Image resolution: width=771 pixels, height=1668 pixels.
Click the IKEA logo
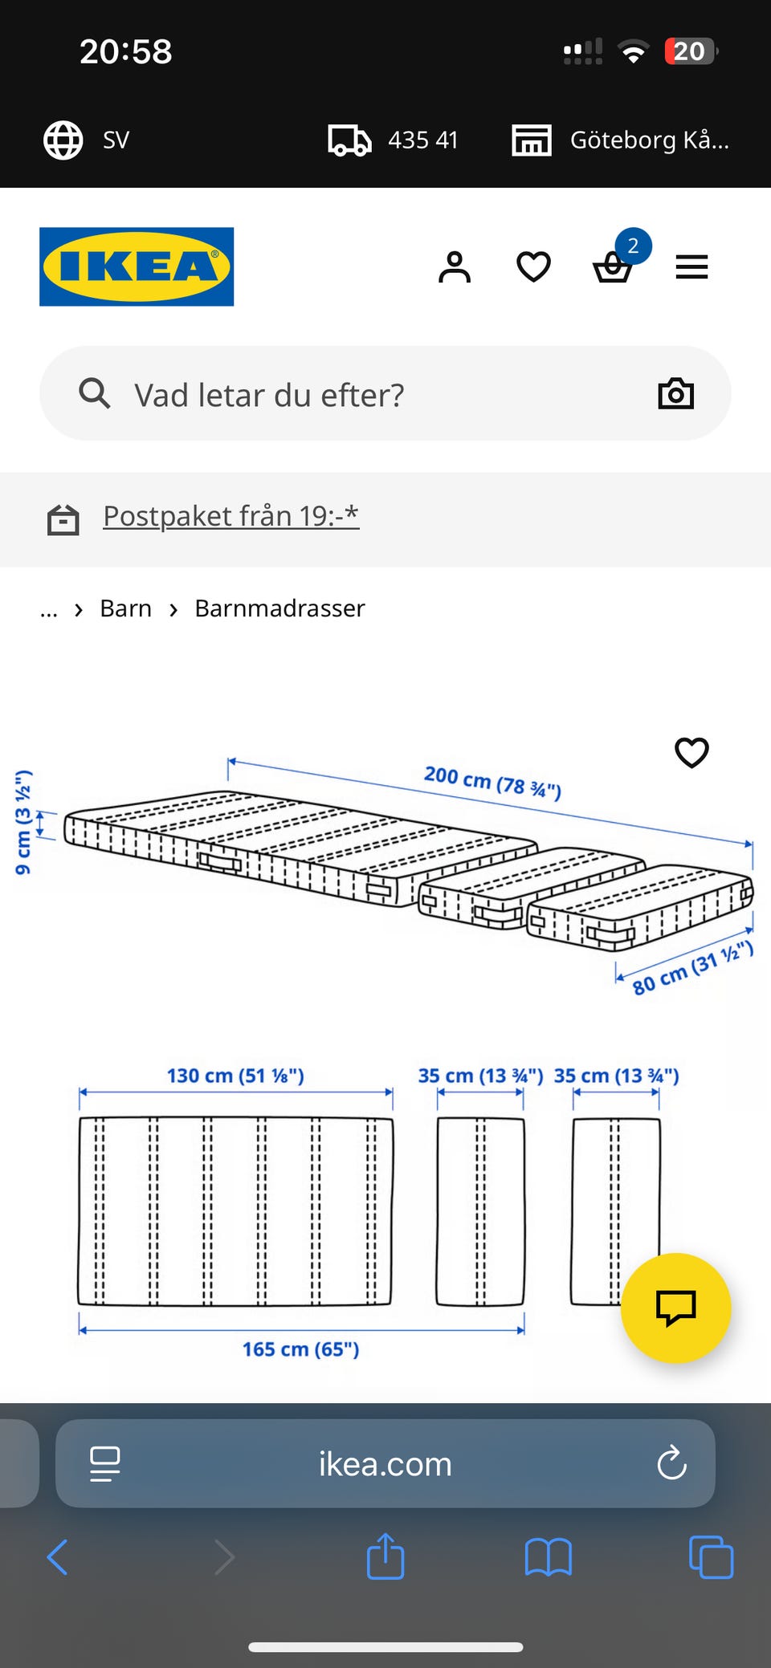(137, 266)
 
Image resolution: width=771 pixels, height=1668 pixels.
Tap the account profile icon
(455, 266)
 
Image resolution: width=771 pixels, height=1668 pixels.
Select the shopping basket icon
(613, 267)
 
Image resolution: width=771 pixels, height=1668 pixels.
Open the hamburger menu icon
(691, 267)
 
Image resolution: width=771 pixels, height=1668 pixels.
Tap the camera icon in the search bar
(675, 393)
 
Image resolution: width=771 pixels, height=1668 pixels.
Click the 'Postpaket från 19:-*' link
(230, 516)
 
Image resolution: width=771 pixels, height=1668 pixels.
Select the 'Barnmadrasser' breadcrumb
(279, 608)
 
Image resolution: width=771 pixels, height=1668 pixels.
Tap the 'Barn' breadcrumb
(125, 608)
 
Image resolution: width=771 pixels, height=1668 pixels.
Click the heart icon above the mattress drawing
(691, 752)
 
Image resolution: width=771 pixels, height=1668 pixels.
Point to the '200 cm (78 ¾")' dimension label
(492, 782)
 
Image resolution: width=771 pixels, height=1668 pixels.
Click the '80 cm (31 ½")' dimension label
(692, 967)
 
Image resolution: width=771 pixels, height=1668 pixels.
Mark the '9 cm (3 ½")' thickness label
(23, 822)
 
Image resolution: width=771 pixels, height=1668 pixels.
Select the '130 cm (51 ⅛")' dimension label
(235, 1076)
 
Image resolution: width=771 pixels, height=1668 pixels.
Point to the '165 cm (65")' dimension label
(300, 1349)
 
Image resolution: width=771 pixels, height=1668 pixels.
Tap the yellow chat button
(675, 1308)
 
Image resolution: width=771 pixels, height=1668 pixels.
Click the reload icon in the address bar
(671, 1463)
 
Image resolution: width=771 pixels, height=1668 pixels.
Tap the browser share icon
(385, 1556)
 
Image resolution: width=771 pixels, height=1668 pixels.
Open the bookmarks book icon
(548, 1558)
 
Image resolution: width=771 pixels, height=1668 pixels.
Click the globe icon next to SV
(63, 140)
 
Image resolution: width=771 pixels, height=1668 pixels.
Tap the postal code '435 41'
(422, 140)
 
